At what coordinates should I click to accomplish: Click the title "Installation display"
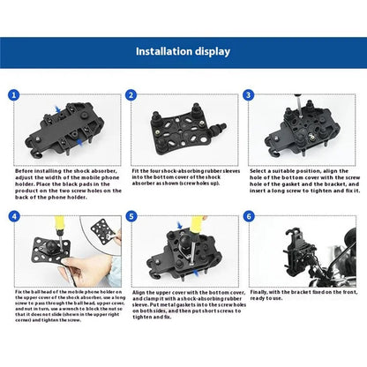183,51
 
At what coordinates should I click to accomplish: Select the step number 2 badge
131,94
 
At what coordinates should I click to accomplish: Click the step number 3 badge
249,94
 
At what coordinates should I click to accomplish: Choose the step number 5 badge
131,216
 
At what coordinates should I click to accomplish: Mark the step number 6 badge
249,216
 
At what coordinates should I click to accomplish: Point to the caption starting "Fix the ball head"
64,303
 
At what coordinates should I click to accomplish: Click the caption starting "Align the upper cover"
183,303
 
